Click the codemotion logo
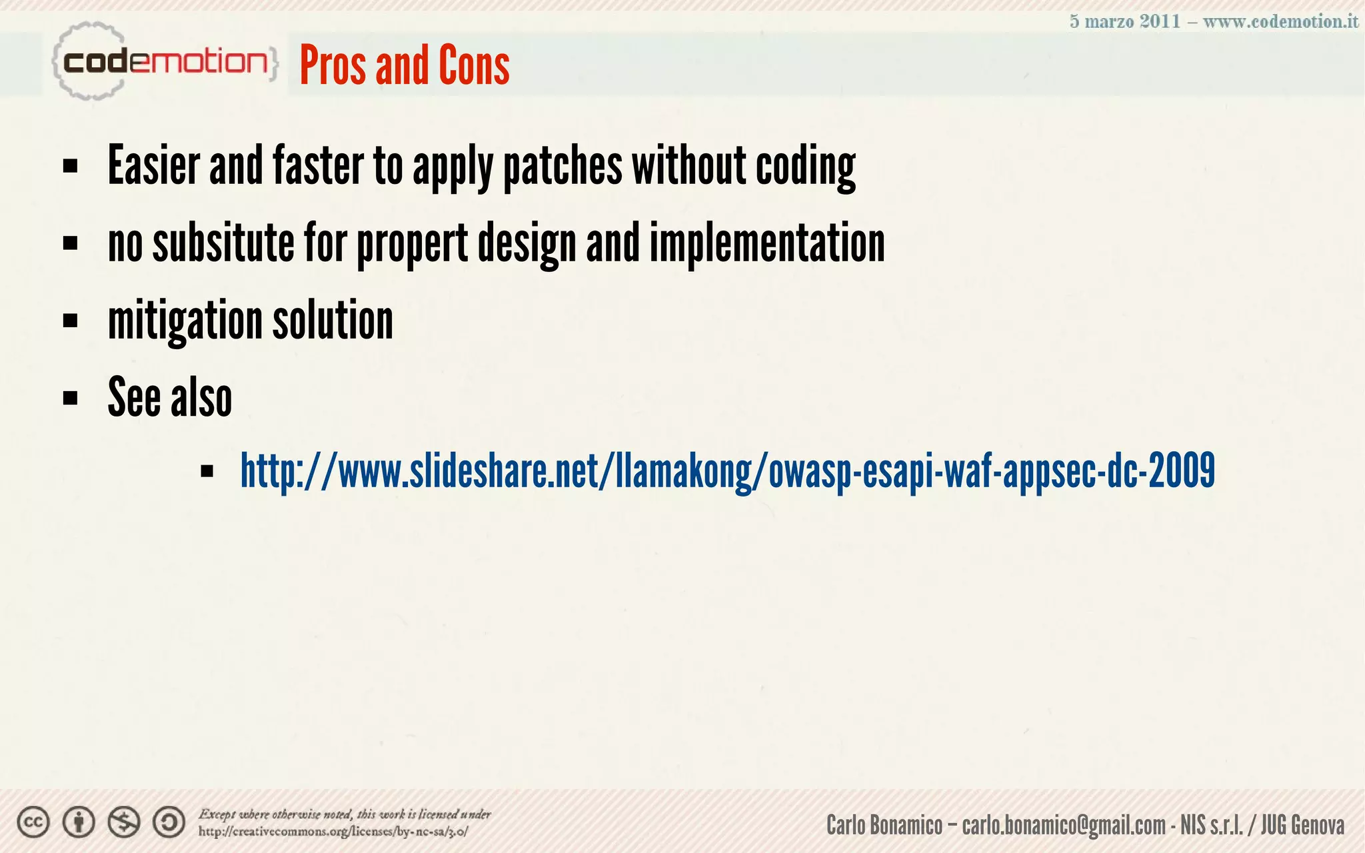point(163,62)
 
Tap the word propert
point(413,244)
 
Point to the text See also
point(170,397)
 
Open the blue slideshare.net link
point(727,471)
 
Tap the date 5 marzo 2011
point(1124,21)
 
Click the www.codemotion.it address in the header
point(1280,21)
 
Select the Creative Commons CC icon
point(33,822)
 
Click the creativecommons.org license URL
point(333,832)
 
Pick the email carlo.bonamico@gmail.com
point(1063,825)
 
